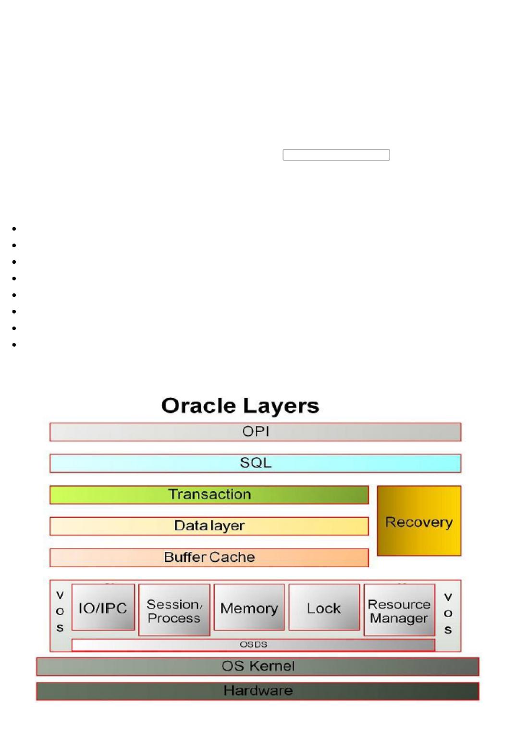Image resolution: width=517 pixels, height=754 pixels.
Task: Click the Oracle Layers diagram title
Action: [240, 406]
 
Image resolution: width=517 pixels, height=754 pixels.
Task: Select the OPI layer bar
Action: [255, 432]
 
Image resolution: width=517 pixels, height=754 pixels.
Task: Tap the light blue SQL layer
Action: [255, 463]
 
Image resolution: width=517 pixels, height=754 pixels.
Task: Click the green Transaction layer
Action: [209, 495]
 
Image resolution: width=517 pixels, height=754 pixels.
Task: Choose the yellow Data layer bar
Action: [209, 526]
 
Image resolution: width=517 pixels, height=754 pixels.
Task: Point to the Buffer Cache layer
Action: [209, 557]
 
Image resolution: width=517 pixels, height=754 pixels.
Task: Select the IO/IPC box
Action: [103, 608]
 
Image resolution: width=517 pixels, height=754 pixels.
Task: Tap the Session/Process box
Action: [174, 610]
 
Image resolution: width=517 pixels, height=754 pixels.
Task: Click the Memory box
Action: [249, 608]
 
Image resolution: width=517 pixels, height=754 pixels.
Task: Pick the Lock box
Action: [324, 608]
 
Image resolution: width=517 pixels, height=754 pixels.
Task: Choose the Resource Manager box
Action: [399, 610]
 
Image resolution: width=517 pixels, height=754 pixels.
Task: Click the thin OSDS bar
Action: [253, 645]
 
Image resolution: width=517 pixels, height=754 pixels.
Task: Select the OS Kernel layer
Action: [258, 667]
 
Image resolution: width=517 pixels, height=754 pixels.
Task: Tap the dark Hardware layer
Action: [258, 691]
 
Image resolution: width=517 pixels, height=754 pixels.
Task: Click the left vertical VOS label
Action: [60, 611]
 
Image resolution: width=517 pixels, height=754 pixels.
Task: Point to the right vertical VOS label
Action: [448, 613]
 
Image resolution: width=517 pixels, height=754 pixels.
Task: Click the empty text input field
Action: [336, 155]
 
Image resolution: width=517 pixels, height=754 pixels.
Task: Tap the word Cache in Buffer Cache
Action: [232, 557]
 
